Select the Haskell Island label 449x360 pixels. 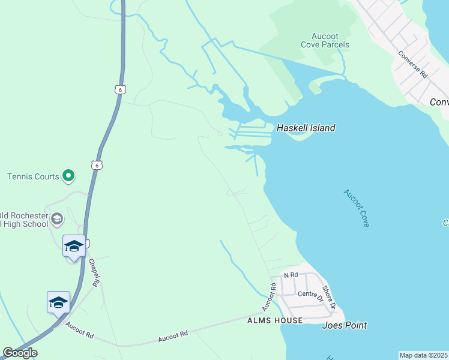306,128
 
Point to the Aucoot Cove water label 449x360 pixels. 357,208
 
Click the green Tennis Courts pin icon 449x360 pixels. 68,176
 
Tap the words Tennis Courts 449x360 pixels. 33,176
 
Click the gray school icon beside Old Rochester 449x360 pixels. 57,218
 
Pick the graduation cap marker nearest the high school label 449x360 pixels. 74,246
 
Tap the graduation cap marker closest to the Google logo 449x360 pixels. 58,302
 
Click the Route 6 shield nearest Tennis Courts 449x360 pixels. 97,164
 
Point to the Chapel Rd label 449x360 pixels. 94,271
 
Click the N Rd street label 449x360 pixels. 291,275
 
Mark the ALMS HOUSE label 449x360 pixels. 274,321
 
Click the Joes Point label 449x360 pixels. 345,326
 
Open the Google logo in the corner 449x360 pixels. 20,353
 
